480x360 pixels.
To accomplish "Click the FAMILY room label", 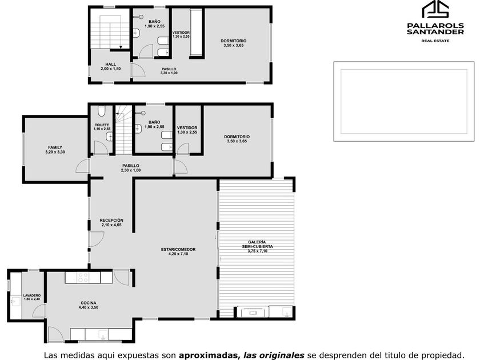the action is pyautogui.click(x=55, y=147).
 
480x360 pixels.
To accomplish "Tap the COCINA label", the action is pyautogui.click(x=89, y=303).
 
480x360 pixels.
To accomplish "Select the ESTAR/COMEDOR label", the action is pyautogui.click(x=178, y=250).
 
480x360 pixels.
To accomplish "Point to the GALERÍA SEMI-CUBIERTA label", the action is pyautogui.click(x=257, y=245).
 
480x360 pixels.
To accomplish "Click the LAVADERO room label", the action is pyautogui.click(x=32, y=295).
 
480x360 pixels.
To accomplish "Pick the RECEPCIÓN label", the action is pyautogui.click(x=111, y=221).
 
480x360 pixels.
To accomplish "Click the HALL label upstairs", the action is pyautogui.click(x=110, y=64).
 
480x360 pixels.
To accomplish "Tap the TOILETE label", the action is pyautogui.click(x=102, y=125).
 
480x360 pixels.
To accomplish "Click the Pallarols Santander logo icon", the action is pyautogui.click(x=435, y=9).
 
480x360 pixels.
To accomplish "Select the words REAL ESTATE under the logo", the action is pyautogui.click(x=435, y=41).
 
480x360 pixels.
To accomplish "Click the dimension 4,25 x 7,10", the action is pyautogui.click(x=178, y=254).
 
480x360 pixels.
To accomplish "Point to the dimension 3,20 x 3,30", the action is pyautogui.click(x=55, y=152).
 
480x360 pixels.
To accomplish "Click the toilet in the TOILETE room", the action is pyautogui.click(x=102, y=111).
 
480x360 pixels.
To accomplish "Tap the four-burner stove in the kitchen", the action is pyautogui.click(x=83, y=277).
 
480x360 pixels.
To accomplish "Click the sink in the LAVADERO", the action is pyautogui.click(x=15, y=302).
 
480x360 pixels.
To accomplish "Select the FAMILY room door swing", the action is pyautogui.click(x=82, y=166).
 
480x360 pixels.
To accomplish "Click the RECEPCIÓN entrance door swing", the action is pyautogui.click(x=97, y=239).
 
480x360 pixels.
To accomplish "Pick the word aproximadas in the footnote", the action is pyautogui.click(x=209, y=355).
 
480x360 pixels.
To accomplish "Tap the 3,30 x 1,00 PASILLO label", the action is pyautogui.click(x=169, y=73).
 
